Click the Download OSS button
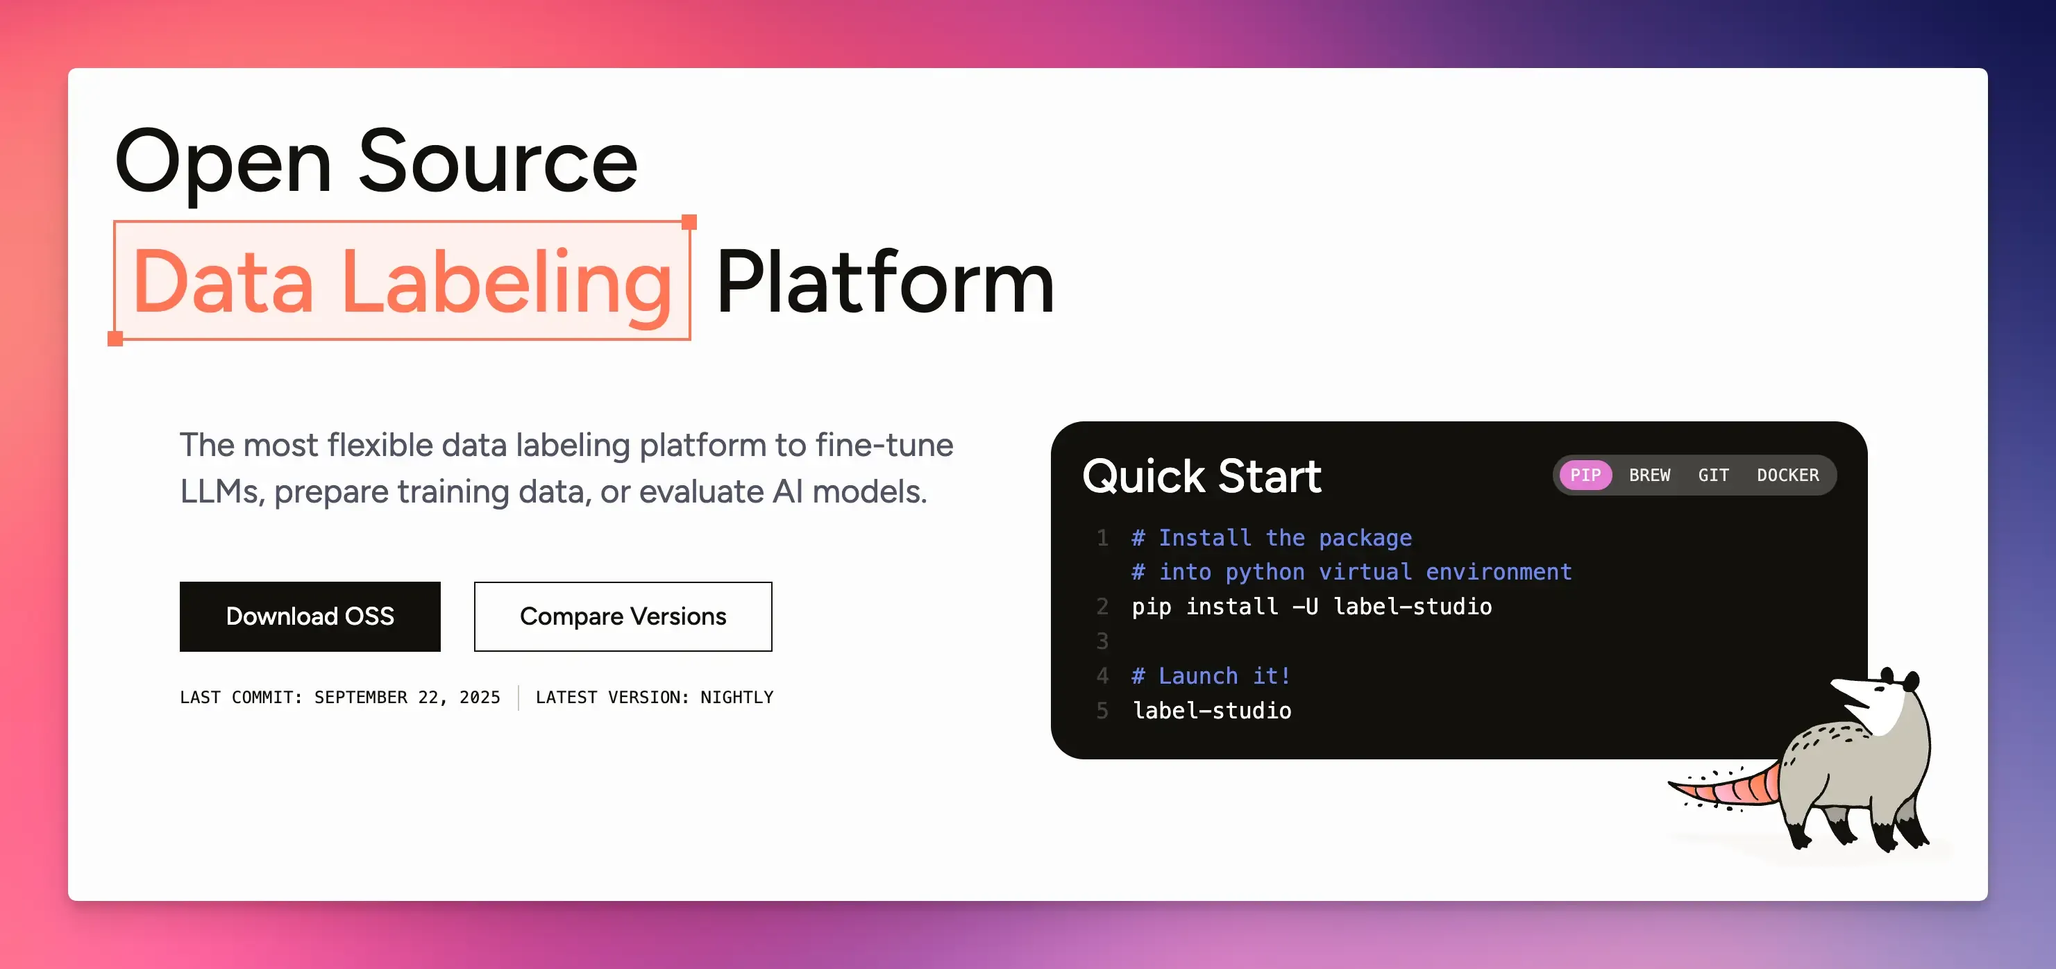pos(310,616)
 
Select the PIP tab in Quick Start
pos(1585,475)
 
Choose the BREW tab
pos(1649,475)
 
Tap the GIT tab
pos(1713,475)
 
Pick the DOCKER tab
pos(1788,475)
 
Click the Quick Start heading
pos(1202,477)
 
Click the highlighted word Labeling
pos(507,285)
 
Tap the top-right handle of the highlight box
pos(689,222)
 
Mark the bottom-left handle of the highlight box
pos(115,339)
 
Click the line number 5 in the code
pos(1102,710)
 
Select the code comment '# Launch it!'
pos(1211,676)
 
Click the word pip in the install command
pos(1151,607)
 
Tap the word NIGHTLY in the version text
pos(736,697)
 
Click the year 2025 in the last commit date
pos(480,697)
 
